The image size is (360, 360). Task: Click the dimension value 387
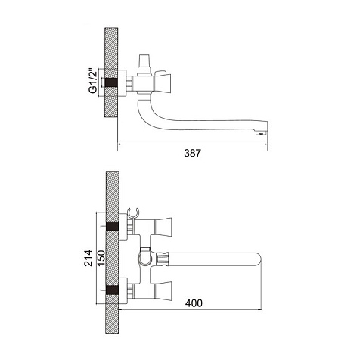click(192, 153)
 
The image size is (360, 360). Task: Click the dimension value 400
click(194, 303)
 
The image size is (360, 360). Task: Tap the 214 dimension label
click(88, 258)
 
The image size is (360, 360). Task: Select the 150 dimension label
click(101, 258)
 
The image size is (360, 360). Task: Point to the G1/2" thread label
click(93, 81)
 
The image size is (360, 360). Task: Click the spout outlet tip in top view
click(262, 132)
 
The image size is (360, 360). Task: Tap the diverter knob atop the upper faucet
click(144, 63)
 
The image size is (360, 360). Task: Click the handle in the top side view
click(163, 82)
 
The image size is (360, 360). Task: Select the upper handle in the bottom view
click(163, 227)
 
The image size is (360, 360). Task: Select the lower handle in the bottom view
click(163, 290)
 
